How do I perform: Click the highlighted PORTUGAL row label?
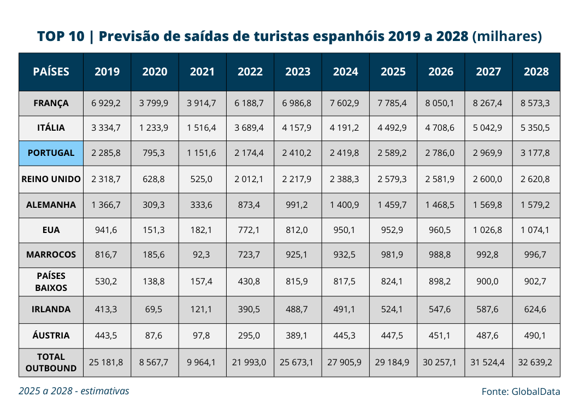(x=51, y=153)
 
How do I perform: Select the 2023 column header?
(x=298, y=71)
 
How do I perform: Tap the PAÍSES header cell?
(x=51, y=71)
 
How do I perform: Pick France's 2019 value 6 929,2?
(x=106, y=103)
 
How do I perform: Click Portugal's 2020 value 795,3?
(x=153, y=153)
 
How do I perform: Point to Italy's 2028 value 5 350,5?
(x=535, y=127)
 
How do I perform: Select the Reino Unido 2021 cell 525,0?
(x=201, y=179)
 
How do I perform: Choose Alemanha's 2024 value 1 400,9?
(x=344, y=205)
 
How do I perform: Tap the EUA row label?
(x=51, y=230)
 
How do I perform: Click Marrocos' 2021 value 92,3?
(x=201, y=254)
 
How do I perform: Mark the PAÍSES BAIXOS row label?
(x=51, y=282)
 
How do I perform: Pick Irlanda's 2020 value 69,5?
(x=153, y=309)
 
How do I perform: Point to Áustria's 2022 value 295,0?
(x=249, y=335)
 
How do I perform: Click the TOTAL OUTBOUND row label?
(x=51, y=363)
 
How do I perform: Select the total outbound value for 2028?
(x=535, y=363)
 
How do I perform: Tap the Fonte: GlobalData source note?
(x=521, y=392)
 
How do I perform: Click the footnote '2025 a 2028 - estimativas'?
(x=74, y=391)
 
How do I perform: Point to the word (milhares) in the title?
(x=507, y=36)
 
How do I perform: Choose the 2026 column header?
(x=441, y=71)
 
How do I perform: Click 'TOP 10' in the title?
(x=61, y=36)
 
